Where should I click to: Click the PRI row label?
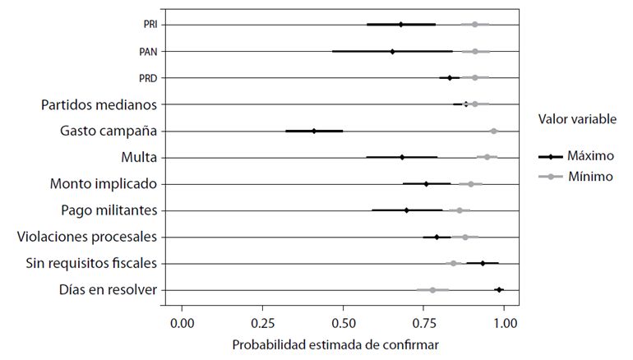click(x=150, y=25)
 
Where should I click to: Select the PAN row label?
click(x=149, y=52)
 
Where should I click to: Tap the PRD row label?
click(x=149, y=78)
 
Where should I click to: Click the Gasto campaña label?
click(x=109, y=131)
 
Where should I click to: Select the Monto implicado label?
click(x=103, y=183)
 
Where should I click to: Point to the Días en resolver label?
click(x=109, y=289)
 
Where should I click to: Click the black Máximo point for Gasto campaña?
click(x=314, y=131)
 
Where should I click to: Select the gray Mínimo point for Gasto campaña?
click(x=493, y=131)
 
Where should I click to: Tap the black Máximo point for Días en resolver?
click(x=498, y=289)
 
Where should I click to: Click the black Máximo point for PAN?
click(x=392, y=51)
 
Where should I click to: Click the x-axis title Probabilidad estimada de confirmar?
click(x=335, y=344)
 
